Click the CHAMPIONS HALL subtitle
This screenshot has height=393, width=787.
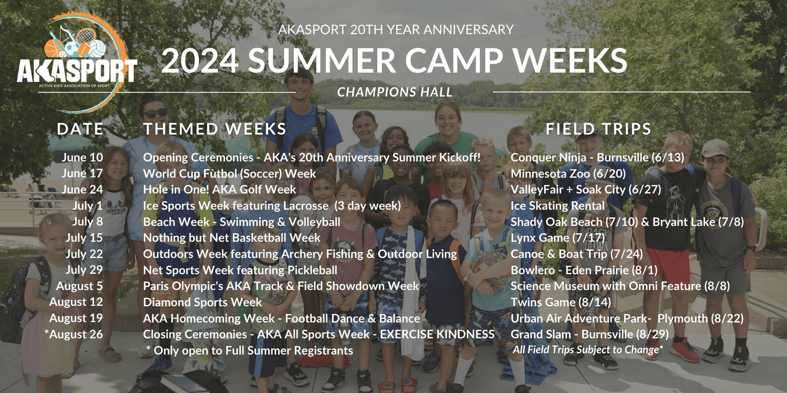point(395,92)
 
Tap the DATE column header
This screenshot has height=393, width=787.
point(80,129)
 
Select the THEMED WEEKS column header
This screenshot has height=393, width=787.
point(215,129)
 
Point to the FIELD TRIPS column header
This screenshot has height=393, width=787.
point(599,129)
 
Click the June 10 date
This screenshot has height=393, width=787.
point(82,157)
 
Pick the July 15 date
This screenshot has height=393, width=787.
point(84,238)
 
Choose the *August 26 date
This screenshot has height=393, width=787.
point(74,334)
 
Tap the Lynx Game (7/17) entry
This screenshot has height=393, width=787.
point(558,238)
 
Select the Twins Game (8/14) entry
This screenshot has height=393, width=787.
point(561,302)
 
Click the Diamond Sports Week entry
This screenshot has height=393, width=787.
point(203,302)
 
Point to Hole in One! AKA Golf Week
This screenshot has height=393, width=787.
point(220,190)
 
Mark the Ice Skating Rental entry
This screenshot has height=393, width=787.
point(558,206)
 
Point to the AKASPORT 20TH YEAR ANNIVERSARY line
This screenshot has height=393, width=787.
point(396,29)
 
